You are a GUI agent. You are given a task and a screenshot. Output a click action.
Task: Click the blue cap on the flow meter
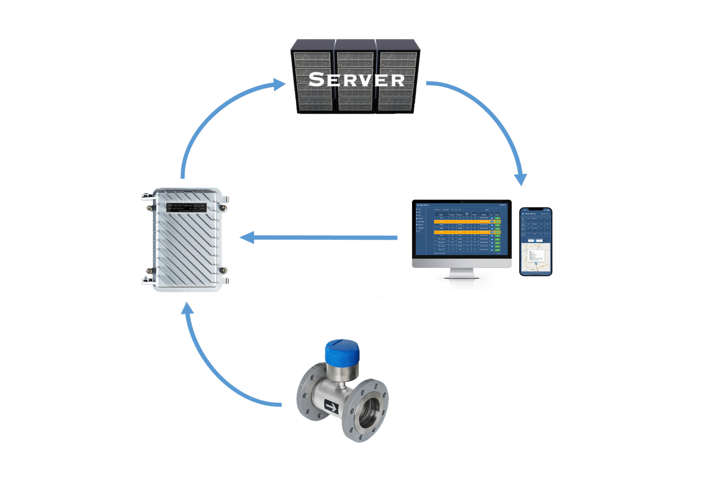pyautogui.click(x=342, y=352)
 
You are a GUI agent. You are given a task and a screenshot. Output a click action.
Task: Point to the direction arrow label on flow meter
pyautogui.click(x=331, y=407)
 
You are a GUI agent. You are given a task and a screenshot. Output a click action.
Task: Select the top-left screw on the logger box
pyautogui.click(x=149, y=208)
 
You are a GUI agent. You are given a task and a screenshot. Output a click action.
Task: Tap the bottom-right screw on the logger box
pyautogui.click(x=224, y=270)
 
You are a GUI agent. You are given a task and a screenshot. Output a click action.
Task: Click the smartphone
pyautogui.click(x=535, y=241)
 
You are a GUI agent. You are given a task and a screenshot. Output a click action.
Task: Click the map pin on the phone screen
pyautogui.click(x=536, y=263)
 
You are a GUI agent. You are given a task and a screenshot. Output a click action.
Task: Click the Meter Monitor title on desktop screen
pyautogui.click(x=424, y=205)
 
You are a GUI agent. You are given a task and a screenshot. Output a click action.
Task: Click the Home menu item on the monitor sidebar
pyautogui.click(x=419, y=209)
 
